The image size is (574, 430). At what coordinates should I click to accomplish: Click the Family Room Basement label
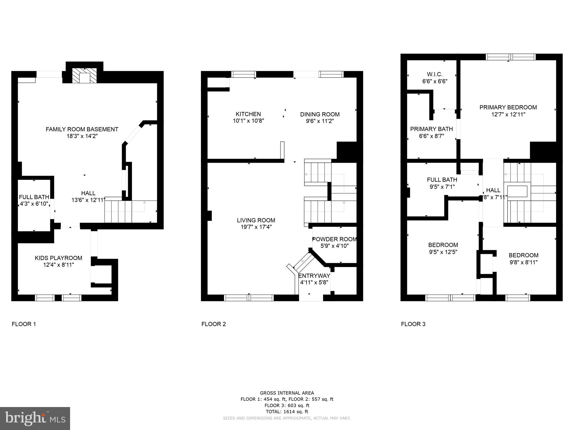[82, 129]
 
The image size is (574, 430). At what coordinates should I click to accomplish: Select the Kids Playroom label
[58, 258]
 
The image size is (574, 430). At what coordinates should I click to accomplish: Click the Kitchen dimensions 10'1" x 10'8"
[248, 121]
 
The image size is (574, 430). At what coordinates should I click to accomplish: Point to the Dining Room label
[320, 114]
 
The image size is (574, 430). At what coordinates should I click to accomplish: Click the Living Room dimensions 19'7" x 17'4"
[256, 227]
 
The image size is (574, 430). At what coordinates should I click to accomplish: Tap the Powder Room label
[334, 239]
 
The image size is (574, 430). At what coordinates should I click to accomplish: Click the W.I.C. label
[434, 74]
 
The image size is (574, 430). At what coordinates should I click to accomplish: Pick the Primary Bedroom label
[508, 107]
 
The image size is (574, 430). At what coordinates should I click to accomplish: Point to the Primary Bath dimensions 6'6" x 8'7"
[431, 136]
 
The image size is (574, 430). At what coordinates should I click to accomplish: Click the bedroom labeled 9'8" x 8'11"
[523, 259]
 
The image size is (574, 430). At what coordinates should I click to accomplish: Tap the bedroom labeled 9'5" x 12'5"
[443, 248]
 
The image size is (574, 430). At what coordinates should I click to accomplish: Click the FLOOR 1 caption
[24, 324]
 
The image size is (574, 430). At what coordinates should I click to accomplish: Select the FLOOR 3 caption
[413, 324]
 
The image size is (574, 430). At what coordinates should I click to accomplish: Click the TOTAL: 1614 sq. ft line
[287, 412]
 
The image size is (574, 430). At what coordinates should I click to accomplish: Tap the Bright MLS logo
[35, 418]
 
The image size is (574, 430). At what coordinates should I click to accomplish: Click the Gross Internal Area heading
[287, 393]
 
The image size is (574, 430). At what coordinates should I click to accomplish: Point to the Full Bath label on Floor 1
[34, 197]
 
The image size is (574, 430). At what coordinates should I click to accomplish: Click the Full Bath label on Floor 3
[442, 180]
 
